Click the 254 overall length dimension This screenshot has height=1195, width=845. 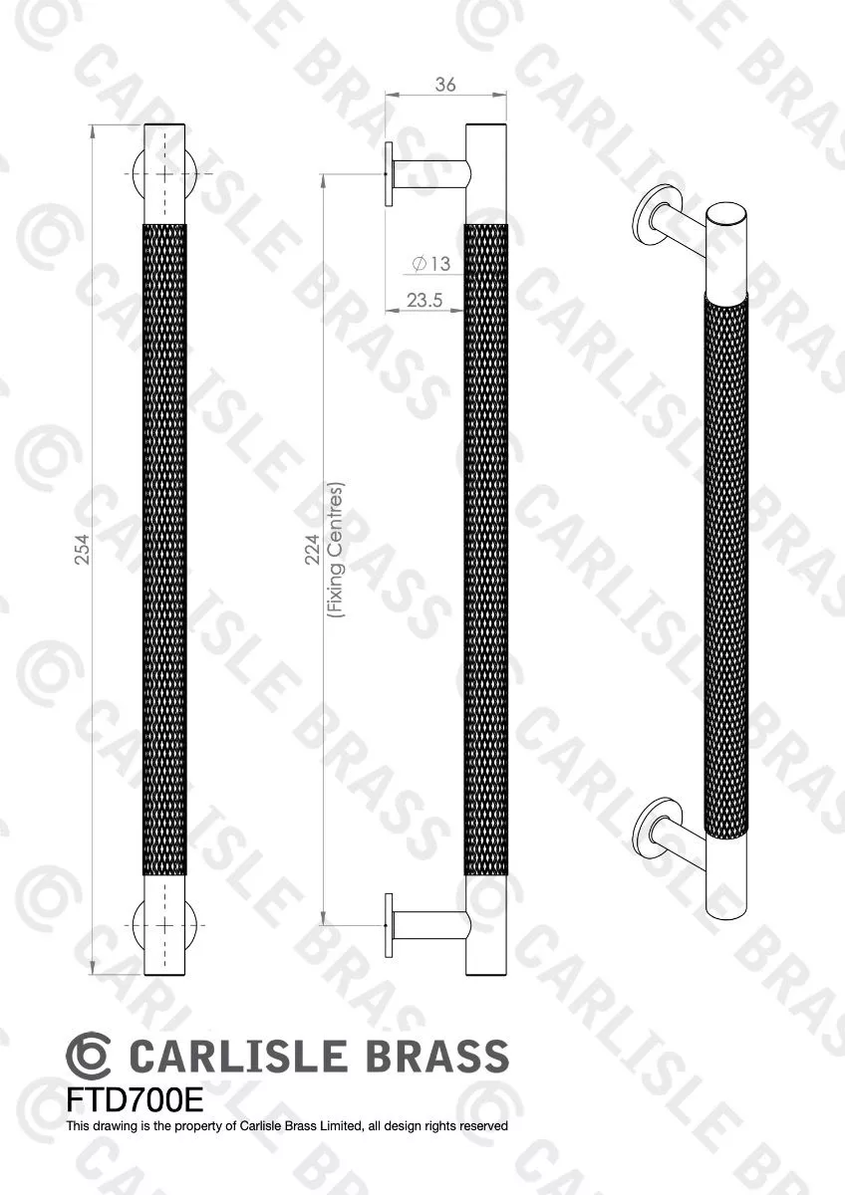click(84, 550)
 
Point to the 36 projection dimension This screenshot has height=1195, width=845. click(445, 86)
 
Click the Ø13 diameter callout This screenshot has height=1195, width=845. click(430, 264)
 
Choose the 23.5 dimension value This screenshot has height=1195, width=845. click(423, 298)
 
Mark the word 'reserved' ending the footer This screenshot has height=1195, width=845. click(484, 1126)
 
